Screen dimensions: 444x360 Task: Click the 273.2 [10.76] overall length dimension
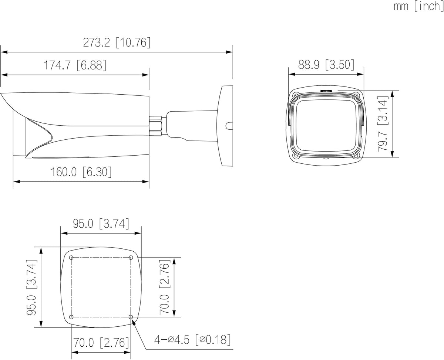pyautogui.click(x=117, y=43)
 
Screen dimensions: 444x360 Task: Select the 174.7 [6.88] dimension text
pyautogui.click(x=75, y=65)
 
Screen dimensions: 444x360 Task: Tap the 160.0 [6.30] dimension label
pyautogui.click(x=81, y=172)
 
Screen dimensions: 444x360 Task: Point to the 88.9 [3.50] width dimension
pyautogui.click(x=326, y=65)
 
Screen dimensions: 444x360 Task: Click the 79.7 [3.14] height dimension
pyautogui.click(x=383, y=124)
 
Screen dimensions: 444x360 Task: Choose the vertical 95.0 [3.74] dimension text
pyautogui.click(x=32, y=287)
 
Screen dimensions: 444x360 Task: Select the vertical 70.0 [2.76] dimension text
pyautogui.click(x=165, y=287)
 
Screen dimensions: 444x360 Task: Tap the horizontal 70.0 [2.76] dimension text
pyautogui.click(x=101, y=343)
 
